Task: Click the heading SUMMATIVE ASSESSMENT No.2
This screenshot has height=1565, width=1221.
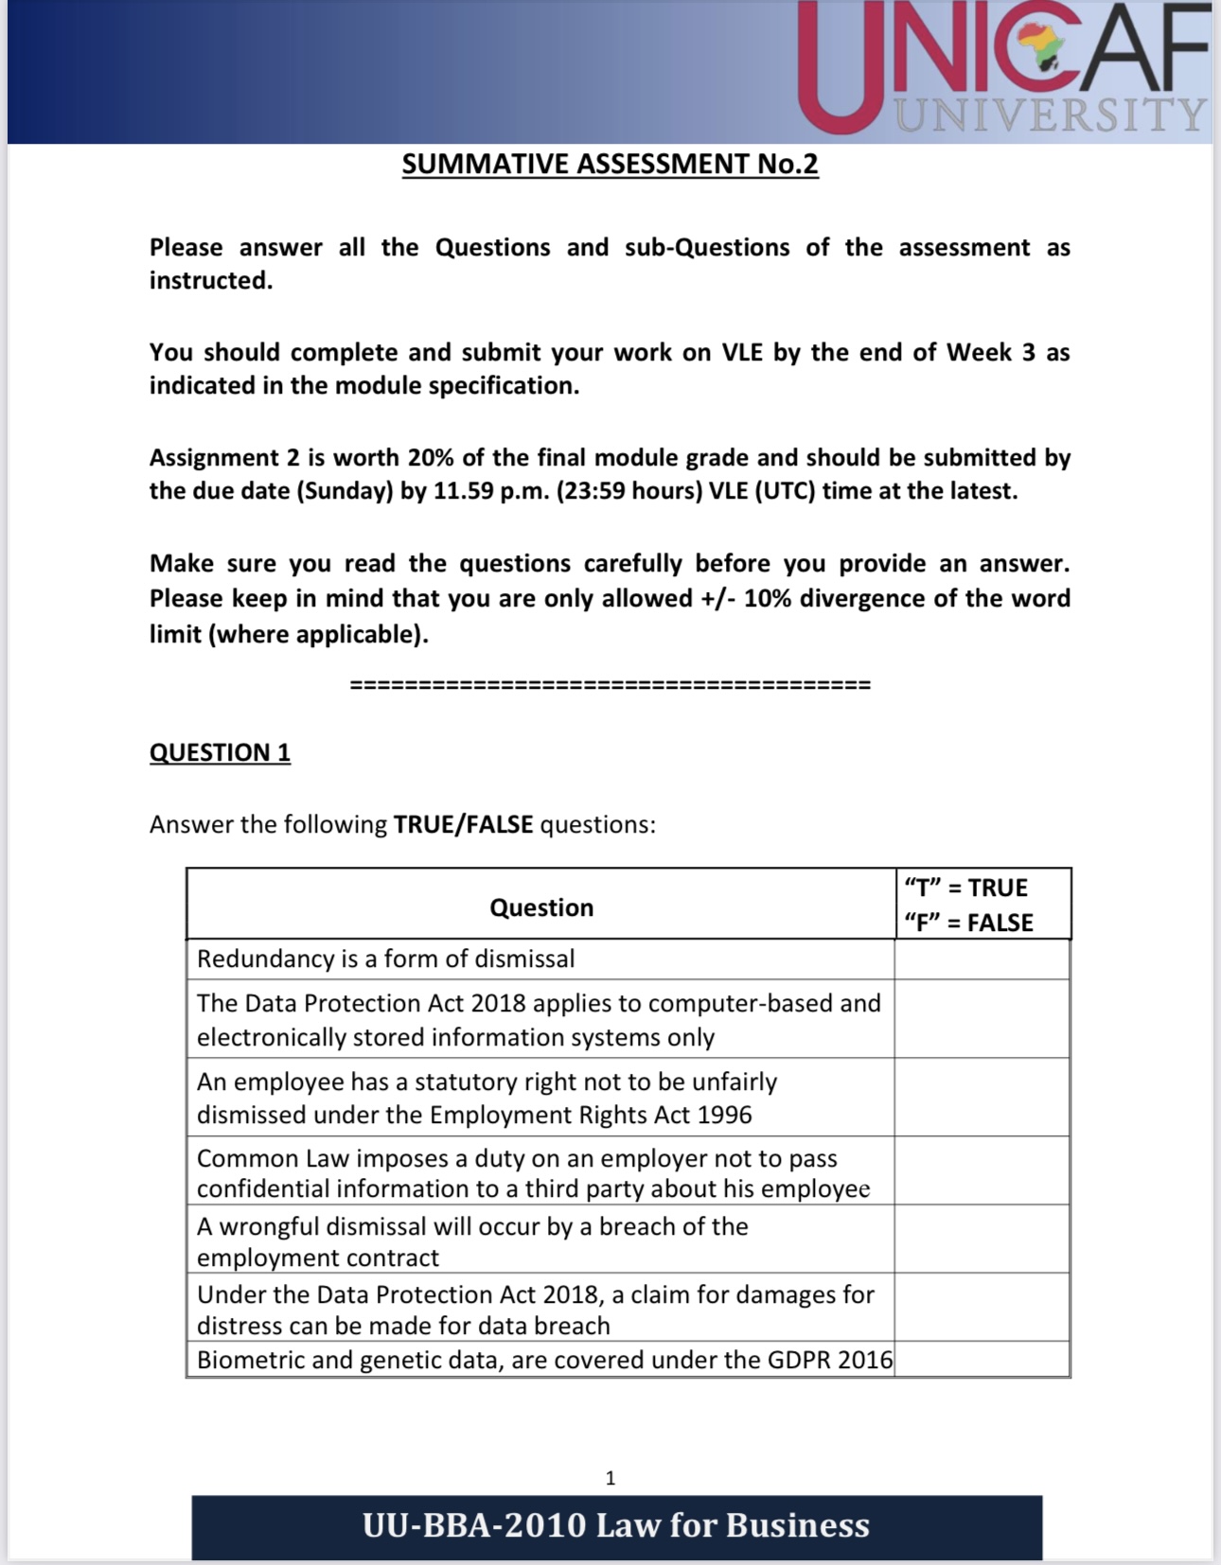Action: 610,164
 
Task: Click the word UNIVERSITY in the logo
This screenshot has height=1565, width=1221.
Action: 1051,114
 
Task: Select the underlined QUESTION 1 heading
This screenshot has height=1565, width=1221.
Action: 220,752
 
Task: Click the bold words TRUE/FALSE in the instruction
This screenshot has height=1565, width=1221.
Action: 463,824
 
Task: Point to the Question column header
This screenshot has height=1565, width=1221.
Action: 541,907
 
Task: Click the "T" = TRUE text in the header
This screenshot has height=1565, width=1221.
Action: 965,888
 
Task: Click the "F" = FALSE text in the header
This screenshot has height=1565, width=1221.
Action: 968,923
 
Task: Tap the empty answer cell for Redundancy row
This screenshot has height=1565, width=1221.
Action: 982,959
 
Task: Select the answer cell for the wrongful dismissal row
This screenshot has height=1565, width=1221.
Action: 982,1240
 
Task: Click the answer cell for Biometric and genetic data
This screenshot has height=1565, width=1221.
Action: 982,1360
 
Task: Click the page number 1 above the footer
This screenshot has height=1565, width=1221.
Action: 610,1478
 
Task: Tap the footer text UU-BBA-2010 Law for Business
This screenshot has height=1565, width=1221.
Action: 616,1525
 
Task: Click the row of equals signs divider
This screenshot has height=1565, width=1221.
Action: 610,685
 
